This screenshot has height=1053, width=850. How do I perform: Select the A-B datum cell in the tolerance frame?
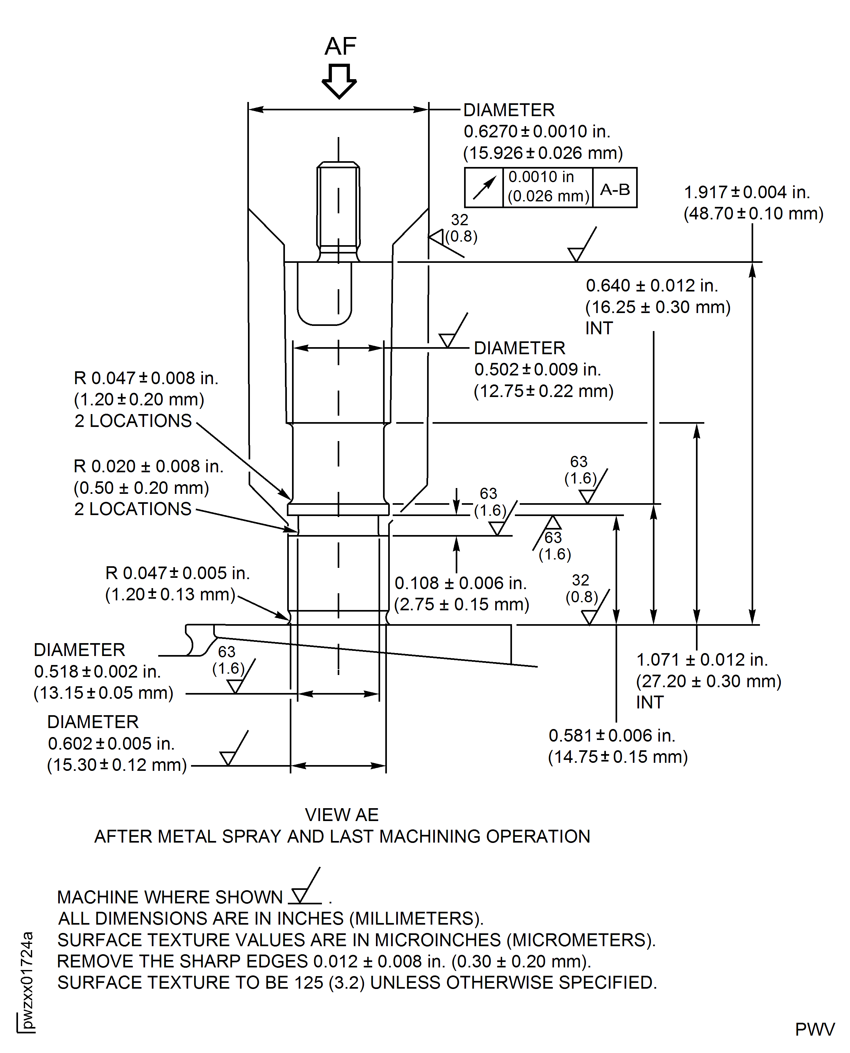point(615,189)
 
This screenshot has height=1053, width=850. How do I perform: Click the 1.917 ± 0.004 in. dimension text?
point(747,192)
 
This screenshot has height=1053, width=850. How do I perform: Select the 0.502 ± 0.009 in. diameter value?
point(537,369)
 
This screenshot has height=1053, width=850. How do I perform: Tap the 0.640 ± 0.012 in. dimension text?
point(651,286)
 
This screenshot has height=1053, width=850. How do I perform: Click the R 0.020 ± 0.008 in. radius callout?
point(148,466)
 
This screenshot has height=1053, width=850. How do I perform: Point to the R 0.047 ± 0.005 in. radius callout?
point(177,573)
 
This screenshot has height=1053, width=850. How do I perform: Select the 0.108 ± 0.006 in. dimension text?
point(460,583)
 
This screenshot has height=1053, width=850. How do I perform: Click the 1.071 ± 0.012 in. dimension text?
point(702,660)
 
